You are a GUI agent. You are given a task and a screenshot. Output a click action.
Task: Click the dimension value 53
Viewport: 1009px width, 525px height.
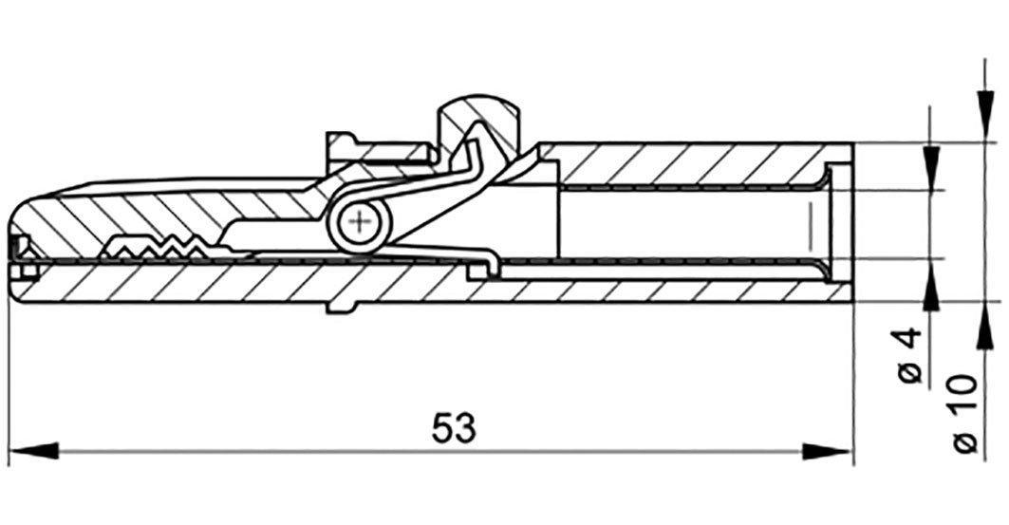[454, 428]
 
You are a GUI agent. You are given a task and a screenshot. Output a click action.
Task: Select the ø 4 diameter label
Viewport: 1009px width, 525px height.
[909, 355]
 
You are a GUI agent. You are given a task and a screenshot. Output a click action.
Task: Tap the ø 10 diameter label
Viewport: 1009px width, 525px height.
[964, 412]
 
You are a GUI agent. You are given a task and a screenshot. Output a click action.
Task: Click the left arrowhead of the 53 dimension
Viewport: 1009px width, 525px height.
[34, 450]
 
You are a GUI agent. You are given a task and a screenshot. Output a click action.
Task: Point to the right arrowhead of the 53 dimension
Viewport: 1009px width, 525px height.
[827, 450]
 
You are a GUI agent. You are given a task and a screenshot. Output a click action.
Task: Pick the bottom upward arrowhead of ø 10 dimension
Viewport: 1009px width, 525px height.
[984, 327]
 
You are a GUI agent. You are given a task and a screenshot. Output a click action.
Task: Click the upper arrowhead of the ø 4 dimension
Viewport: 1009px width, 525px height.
[930, 168]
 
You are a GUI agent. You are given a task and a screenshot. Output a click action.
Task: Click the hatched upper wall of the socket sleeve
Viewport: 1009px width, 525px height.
[695, 163]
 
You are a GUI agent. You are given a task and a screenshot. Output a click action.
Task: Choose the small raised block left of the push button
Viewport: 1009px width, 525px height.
[380, 152]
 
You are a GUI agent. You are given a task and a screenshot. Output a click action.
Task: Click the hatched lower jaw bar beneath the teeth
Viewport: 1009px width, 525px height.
[257, 282]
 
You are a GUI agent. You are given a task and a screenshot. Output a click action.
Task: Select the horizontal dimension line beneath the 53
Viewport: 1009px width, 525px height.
[431, 451]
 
